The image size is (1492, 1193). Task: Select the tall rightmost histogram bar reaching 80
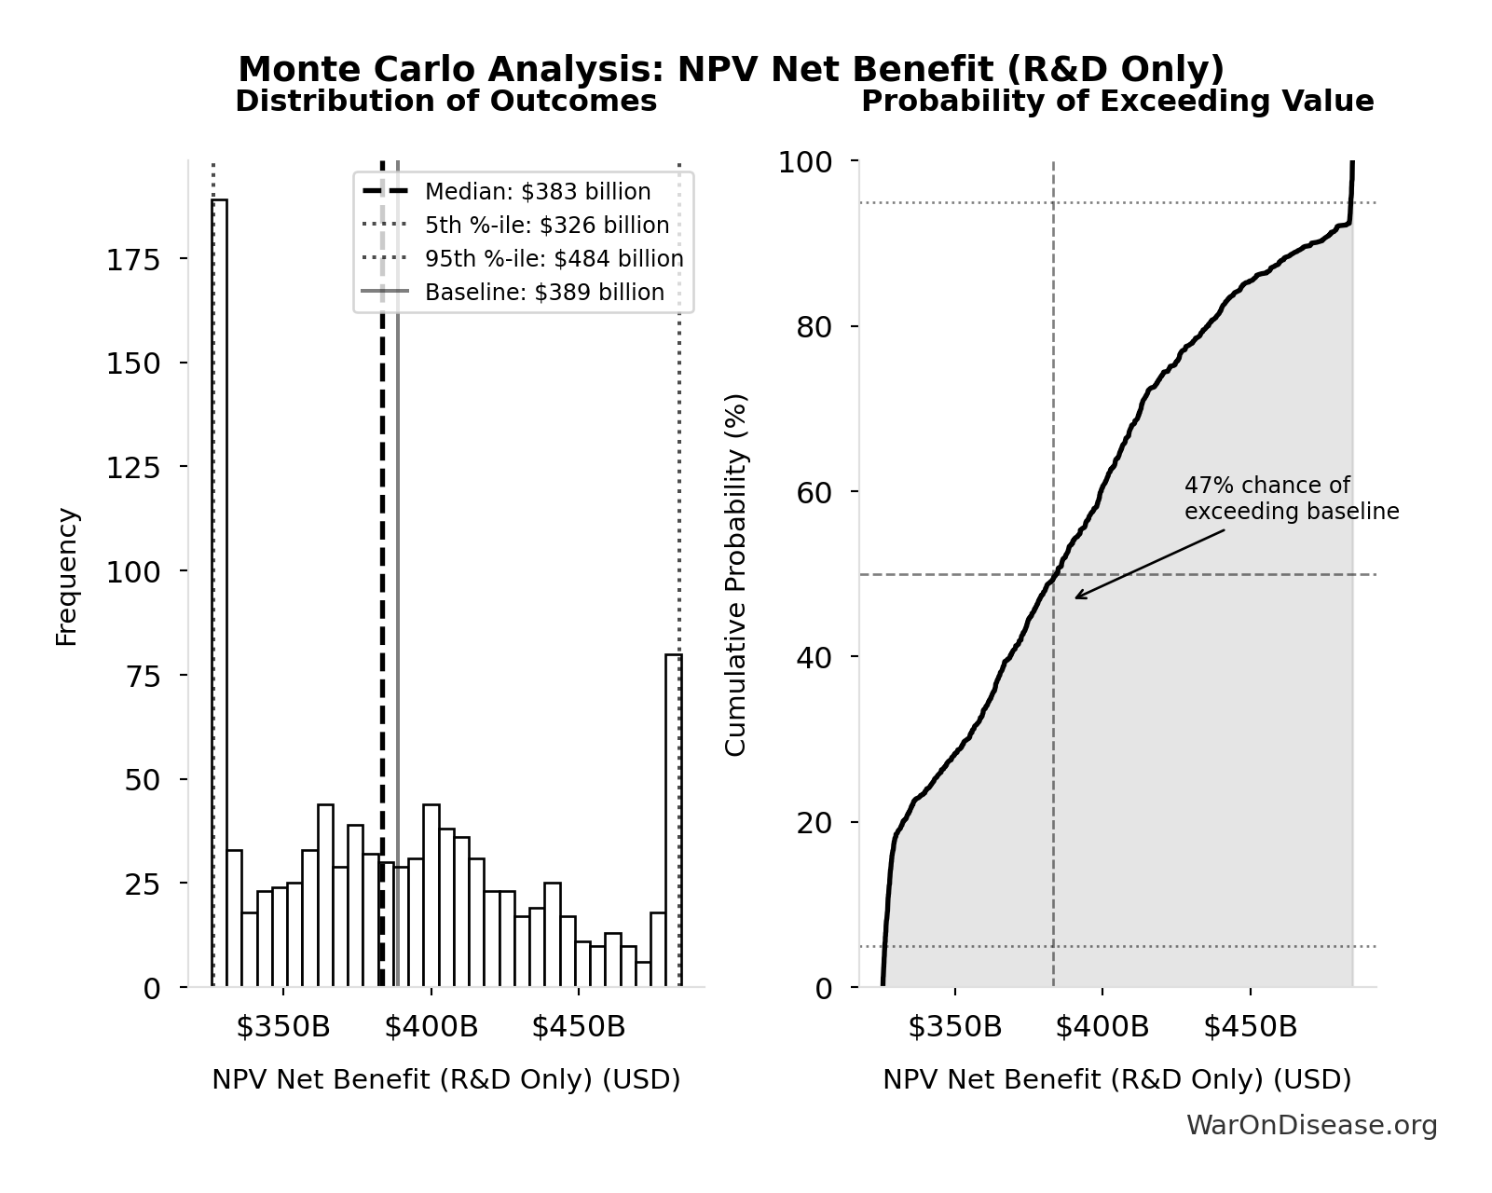673,820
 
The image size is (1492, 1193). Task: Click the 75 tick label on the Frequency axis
143,676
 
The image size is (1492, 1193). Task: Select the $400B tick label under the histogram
431,1027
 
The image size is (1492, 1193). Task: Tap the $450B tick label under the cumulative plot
1250,1027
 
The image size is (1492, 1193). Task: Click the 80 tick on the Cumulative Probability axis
814,327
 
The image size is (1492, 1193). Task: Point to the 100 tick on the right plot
804,162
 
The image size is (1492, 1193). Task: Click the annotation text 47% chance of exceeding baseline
1291,499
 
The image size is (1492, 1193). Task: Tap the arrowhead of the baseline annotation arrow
1077,597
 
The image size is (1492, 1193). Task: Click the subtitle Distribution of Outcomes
445,102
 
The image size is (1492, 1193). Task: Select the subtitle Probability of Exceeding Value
1116,102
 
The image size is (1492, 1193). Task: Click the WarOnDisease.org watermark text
1311,1126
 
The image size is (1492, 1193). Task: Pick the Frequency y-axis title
67,576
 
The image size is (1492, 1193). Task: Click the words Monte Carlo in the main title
359,69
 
